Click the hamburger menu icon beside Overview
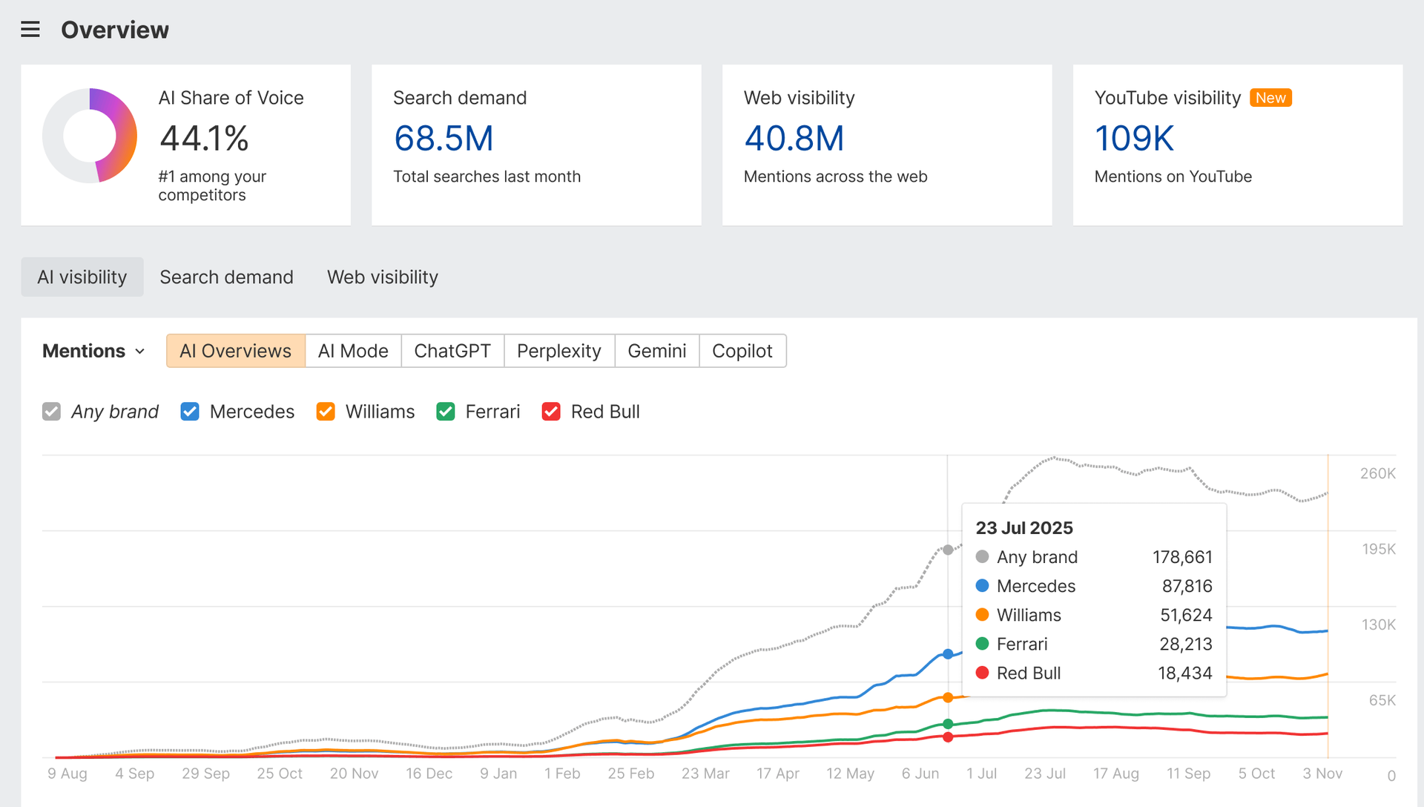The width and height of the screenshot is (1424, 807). click(30, 30)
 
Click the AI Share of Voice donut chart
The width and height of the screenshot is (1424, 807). click(90, 136)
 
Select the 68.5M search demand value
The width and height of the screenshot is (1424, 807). click(444, 139)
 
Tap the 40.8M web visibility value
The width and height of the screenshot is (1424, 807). click(794, 139)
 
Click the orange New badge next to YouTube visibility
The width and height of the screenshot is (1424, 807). click(1270, 98)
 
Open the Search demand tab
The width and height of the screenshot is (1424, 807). click(226, 277)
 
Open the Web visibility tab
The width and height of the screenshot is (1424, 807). click(382, 277)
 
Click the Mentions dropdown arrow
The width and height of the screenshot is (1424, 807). click(140, 352)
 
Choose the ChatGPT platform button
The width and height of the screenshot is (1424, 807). click(452, 351)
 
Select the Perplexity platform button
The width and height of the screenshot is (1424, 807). click(558, 351)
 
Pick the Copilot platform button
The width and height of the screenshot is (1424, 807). click(742, 351)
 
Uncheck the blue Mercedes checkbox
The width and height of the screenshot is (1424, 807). click(190, 412)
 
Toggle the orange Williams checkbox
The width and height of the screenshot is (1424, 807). click(326, 412)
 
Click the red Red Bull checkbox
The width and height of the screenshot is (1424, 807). click(551, 412)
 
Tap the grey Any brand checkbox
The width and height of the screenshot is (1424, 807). click(51, 412)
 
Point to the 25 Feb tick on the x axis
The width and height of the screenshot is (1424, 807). click(630, 774)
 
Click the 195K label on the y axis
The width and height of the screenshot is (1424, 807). click(1378, 549)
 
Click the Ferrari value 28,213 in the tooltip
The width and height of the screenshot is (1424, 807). click(1185, 644)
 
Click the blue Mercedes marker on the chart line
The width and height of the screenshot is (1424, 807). click(948, 654)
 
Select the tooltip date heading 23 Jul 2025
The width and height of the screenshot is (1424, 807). click(1023, 528)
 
